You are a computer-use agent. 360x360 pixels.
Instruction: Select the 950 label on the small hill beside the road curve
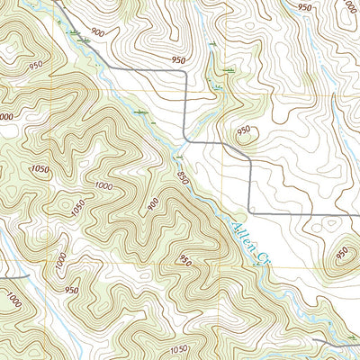(x=243, y=130)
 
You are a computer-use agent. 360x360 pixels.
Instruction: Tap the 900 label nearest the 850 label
(x=153, y=203)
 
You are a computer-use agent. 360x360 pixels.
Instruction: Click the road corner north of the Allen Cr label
(x=250, y=211)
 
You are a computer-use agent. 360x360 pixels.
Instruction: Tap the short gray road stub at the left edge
(x=13, y=277)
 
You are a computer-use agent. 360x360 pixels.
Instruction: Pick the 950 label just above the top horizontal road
(x=178, y=60)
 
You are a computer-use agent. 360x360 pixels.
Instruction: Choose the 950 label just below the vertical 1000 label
(x=71, y=290)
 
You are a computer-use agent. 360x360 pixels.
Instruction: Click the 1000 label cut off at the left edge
(x=5, y=116)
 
